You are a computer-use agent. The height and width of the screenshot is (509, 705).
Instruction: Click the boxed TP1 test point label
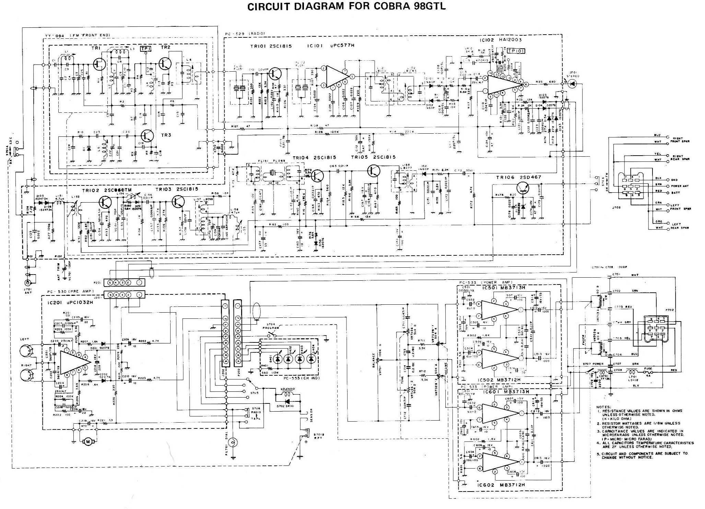click(x=146, y=50)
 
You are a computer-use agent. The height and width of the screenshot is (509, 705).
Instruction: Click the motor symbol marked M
click(x=87, y=442)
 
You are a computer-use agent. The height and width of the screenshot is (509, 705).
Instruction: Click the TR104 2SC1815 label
click(x=314, y=158)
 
